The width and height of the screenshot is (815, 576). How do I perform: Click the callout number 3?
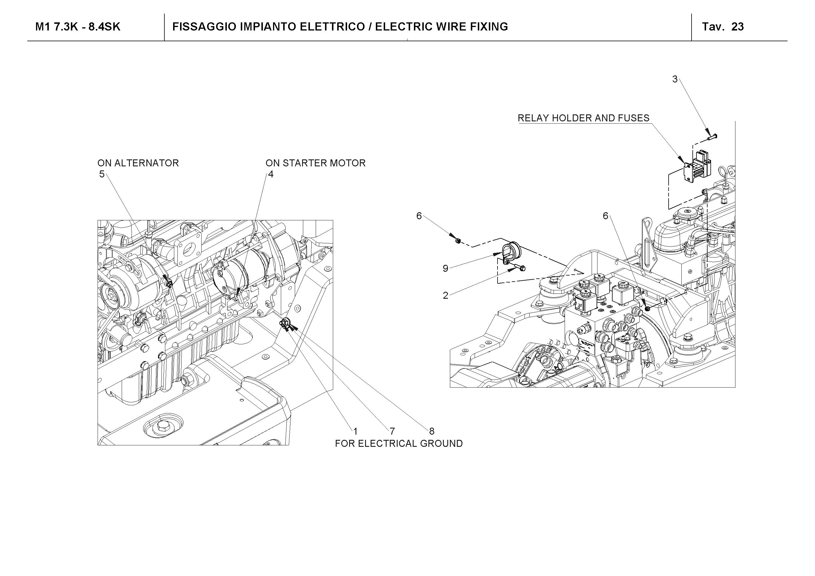[x=675, y=79]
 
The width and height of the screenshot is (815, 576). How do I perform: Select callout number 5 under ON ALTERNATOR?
[x=102, y=174]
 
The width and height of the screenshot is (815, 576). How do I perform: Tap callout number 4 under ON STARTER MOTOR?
[x=270, y=174]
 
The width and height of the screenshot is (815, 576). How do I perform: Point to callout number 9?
[x=446, y=268]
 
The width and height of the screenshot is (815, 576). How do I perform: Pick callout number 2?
[x=446, y=295]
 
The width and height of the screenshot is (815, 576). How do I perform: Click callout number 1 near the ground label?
[x=355, y=431]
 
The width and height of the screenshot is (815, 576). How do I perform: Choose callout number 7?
[x=392, y=431]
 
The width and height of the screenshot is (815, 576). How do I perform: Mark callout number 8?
[x=432, y=431]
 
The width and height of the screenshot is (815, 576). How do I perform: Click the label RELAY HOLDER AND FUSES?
[x=583, y=118]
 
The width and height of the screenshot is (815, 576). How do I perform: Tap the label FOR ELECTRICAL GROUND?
[x=398, y=444]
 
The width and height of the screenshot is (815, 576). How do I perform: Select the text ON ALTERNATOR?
[x=138, y=163]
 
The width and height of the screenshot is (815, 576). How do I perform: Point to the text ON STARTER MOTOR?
[x=315, y=163]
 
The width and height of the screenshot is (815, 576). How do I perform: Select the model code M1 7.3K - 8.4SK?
[x=78, y=27]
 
